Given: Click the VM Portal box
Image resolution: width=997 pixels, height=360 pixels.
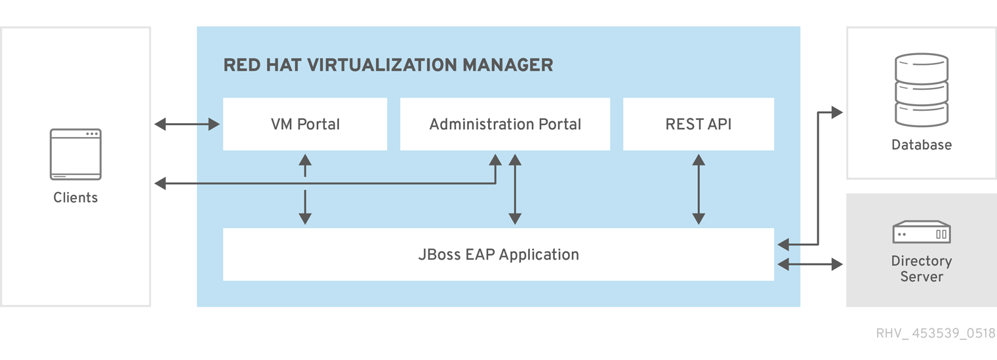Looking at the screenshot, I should pyautogui.click(x=305, y=124).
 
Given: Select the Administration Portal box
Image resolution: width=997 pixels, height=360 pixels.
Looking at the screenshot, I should pyautogui.click(x=505, y=124).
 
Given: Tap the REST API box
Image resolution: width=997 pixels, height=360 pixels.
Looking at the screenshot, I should pyautogui.click(x=699, y=124).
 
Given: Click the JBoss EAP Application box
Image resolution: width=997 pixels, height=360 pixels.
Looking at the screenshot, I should pyautogui.click(x=498, y=254).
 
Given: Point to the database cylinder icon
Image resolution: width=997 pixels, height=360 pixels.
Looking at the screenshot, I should pyautogui.click(x=922, y=90).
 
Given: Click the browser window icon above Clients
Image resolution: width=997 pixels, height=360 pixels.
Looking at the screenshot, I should pyautogui.click(x=75, y=154).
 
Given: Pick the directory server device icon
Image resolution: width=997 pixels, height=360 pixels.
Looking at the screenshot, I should pyautogui.click(x=922, y=232).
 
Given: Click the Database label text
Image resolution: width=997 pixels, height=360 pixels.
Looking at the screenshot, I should pyautogui.click(x=922, y=145).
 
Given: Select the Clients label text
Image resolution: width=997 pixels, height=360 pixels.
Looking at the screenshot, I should pyautogui.click(x=75, y=197).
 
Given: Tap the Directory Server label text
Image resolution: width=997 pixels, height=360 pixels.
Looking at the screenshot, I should pyautogui.click(x=922, y=269).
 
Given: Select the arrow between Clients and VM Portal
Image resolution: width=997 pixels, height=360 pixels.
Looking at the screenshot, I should pyautogui.click(x=187, y=124).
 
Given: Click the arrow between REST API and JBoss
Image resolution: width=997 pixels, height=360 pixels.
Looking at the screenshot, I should pyautogui.click(x=699, y=190).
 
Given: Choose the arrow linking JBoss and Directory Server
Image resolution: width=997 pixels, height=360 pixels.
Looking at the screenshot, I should pyautogui.click(x=810, y=264).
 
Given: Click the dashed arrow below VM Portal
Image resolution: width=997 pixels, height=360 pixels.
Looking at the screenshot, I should pyautogui.click(x=305, y=190).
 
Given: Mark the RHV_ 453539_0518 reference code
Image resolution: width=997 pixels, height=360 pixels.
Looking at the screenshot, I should pyautogui.click(x=935, y=333).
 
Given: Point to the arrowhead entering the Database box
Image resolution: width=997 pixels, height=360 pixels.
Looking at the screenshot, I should pyautogui.click(x=837, y=112).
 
